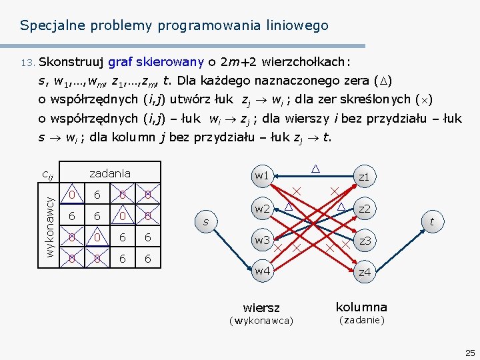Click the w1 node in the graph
pyautogui.click(x=261, y=176)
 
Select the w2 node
pyautogui.click(x=261, y=209)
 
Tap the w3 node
pyautogui.click(x=261, y=240)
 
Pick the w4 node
pyautogui.click(x=262, y=271)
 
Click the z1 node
pyautogui.click(x=364, y=177)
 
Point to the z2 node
pyautogui.click(x=365, y=209)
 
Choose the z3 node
pyautogui.click(x=365, y=240)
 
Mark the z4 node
pyautogui.click(x=365, y=272)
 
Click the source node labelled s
pyautogui.click(x=206, y=221)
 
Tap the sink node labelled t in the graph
pyautogui.click(x=432, y=221)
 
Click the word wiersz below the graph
pyautogui.click(x=261, y=308)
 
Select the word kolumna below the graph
pyautogui.click(x=361, y=307)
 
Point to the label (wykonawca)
pyautogui.click(x=261, y=321)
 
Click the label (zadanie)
pyautogui.click(x=361, y=320)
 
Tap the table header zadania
pyautogui.click(x=110, y=173)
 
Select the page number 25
pyautogui.click(x=470, y=352)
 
